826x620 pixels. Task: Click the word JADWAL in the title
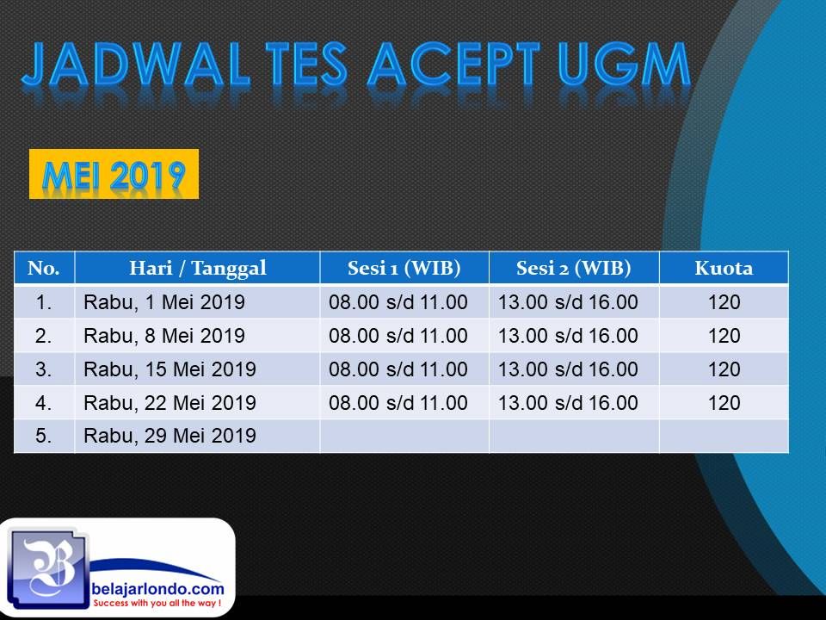(135, 65)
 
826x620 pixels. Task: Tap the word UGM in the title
(625, 65)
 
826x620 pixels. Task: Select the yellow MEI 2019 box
(114, 174)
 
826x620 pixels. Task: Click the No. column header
(44, 268)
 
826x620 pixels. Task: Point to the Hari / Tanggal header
(198, 268)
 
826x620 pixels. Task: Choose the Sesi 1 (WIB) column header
(404, 268)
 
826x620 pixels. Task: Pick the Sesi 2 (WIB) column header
(574, 268)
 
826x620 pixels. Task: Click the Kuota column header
(724, 268)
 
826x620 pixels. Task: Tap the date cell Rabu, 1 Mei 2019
(164, 302)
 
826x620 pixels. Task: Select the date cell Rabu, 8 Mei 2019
(164, 336)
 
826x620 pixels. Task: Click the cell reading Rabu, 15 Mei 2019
(170, 369)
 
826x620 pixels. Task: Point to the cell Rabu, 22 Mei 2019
(170, 403)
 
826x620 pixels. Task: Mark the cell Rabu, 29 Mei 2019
(170, 436)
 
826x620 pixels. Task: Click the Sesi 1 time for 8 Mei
(398, 336)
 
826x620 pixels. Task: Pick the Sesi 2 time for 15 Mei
(568, 369)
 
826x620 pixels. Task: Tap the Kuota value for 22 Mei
(724, 403)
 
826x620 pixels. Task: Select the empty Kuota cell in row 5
(724, 436)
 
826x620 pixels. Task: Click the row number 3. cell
(44, 369)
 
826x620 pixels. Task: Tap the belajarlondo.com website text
(157, 588)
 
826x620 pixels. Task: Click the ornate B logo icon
(48, 569)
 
